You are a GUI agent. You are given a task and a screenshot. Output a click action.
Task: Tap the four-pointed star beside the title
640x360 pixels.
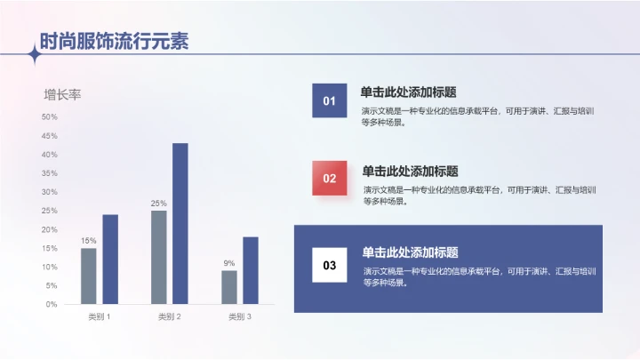pos(35,55)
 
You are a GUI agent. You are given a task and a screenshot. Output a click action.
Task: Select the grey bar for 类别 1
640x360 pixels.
pos(89,276)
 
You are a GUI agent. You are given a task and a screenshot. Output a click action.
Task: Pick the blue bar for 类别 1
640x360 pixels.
pos(110,259)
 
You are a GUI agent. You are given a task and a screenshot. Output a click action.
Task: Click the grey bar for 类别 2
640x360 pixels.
pos(159,257)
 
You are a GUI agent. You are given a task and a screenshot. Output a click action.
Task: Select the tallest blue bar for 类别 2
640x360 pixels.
pos(180,223)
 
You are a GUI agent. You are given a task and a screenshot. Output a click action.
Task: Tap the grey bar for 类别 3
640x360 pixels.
pos(229,287)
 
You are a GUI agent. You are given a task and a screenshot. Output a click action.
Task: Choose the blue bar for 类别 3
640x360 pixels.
pos(250,270)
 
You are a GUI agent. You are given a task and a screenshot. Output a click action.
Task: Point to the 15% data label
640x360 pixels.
pos(89,241)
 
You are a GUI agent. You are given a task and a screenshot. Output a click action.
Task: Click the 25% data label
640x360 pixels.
pos(158,204)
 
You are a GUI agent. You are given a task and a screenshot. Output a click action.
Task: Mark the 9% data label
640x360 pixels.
pos(229,263)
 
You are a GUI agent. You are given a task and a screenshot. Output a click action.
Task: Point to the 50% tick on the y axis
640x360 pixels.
pos(49,116)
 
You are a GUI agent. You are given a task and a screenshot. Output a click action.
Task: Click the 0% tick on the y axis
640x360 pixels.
pos(52,304)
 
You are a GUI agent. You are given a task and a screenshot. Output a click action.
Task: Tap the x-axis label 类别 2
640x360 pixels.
pos(169,316)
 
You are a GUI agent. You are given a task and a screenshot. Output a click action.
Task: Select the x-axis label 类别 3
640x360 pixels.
pos(239,316)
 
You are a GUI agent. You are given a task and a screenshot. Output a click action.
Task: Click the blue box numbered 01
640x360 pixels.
pos(329,100)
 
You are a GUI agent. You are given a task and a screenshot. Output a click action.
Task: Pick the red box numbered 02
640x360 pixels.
pos(330,178)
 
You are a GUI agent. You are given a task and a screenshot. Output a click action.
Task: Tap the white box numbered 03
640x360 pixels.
pos(330,265)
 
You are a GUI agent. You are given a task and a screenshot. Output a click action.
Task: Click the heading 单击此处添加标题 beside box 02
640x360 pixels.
pos(410,171)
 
